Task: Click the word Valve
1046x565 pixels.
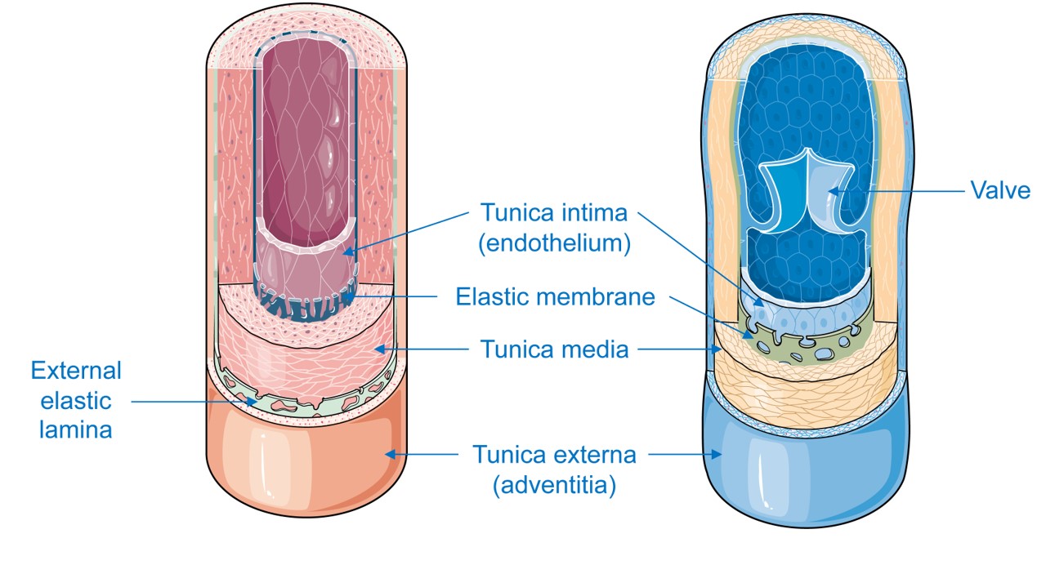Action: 1000,191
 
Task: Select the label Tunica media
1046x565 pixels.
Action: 554,350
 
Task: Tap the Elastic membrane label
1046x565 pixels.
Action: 555,296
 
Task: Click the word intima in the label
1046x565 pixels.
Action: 588,214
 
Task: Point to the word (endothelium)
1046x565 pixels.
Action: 555,243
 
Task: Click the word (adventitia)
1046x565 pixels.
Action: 553,485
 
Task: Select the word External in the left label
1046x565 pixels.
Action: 76,371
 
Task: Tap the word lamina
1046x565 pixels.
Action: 76,429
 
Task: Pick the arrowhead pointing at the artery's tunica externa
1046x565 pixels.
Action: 391,454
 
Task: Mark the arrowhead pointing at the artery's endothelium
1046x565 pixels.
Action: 348,252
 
